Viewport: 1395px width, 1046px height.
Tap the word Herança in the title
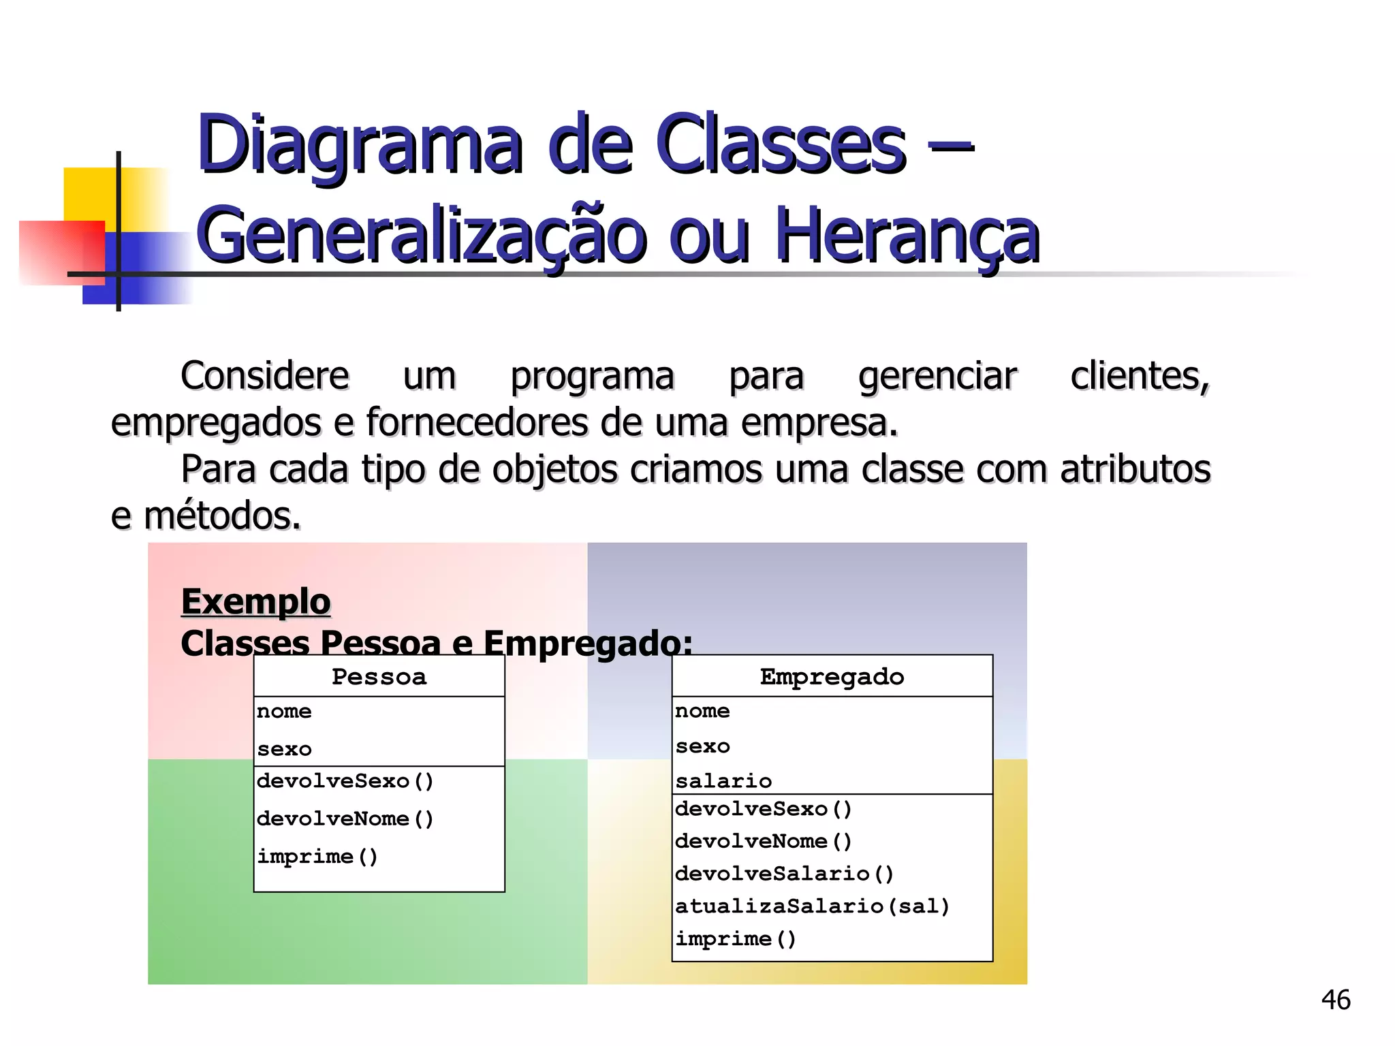click(907, 236)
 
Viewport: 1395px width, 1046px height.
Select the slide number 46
click(1335, 1000)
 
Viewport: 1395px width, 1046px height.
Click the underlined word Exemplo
click(255, 602)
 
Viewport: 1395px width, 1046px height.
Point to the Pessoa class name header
click(379, 676)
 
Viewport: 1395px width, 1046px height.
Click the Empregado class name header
click(832, 676)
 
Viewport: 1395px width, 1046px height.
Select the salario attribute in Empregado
click(723, 780)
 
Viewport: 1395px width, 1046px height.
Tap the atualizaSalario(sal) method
click(812, 906)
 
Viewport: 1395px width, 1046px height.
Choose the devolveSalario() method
click(784, 873)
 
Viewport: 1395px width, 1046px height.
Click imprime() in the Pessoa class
click(317, 856)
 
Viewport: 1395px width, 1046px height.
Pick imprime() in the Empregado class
click(736, 938)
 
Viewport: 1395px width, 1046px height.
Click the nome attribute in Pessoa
click(284, 712)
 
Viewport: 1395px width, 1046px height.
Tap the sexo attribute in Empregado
click(702, 746)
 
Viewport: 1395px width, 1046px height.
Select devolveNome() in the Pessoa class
click(345, 819)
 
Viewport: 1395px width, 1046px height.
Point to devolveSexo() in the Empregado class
click(764, 809)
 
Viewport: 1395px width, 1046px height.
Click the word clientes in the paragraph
click(1140, 376)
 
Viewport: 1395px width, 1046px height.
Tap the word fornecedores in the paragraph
click(476, 422)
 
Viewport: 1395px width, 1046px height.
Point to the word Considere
click(265, 376)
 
